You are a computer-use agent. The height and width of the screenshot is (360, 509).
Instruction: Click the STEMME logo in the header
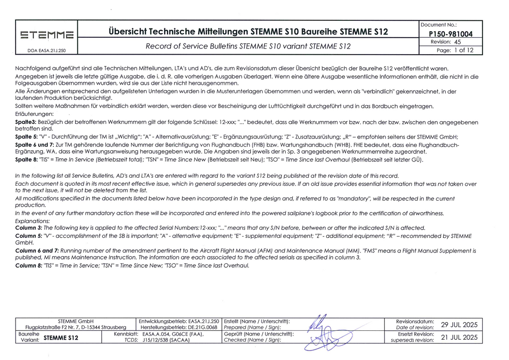46,34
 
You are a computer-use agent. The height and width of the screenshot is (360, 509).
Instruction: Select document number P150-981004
450,34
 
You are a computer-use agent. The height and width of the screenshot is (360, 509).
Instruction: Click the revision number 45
457,42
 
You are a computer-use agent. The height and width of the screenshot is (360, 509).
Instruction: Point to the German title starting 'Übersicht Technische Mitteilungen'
248,32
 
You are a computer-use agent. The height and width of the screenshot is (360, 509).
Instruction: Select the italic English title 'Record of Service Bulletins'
248,46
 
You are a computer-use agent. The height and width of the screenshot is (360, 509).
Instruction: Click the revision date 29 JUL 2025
459,325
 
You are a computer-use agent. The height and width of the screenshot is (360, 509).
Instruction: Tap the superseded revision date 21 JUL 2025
459,337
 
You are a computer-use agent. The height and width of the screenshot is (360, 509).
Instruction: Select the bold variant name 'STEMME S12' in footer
61,338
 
